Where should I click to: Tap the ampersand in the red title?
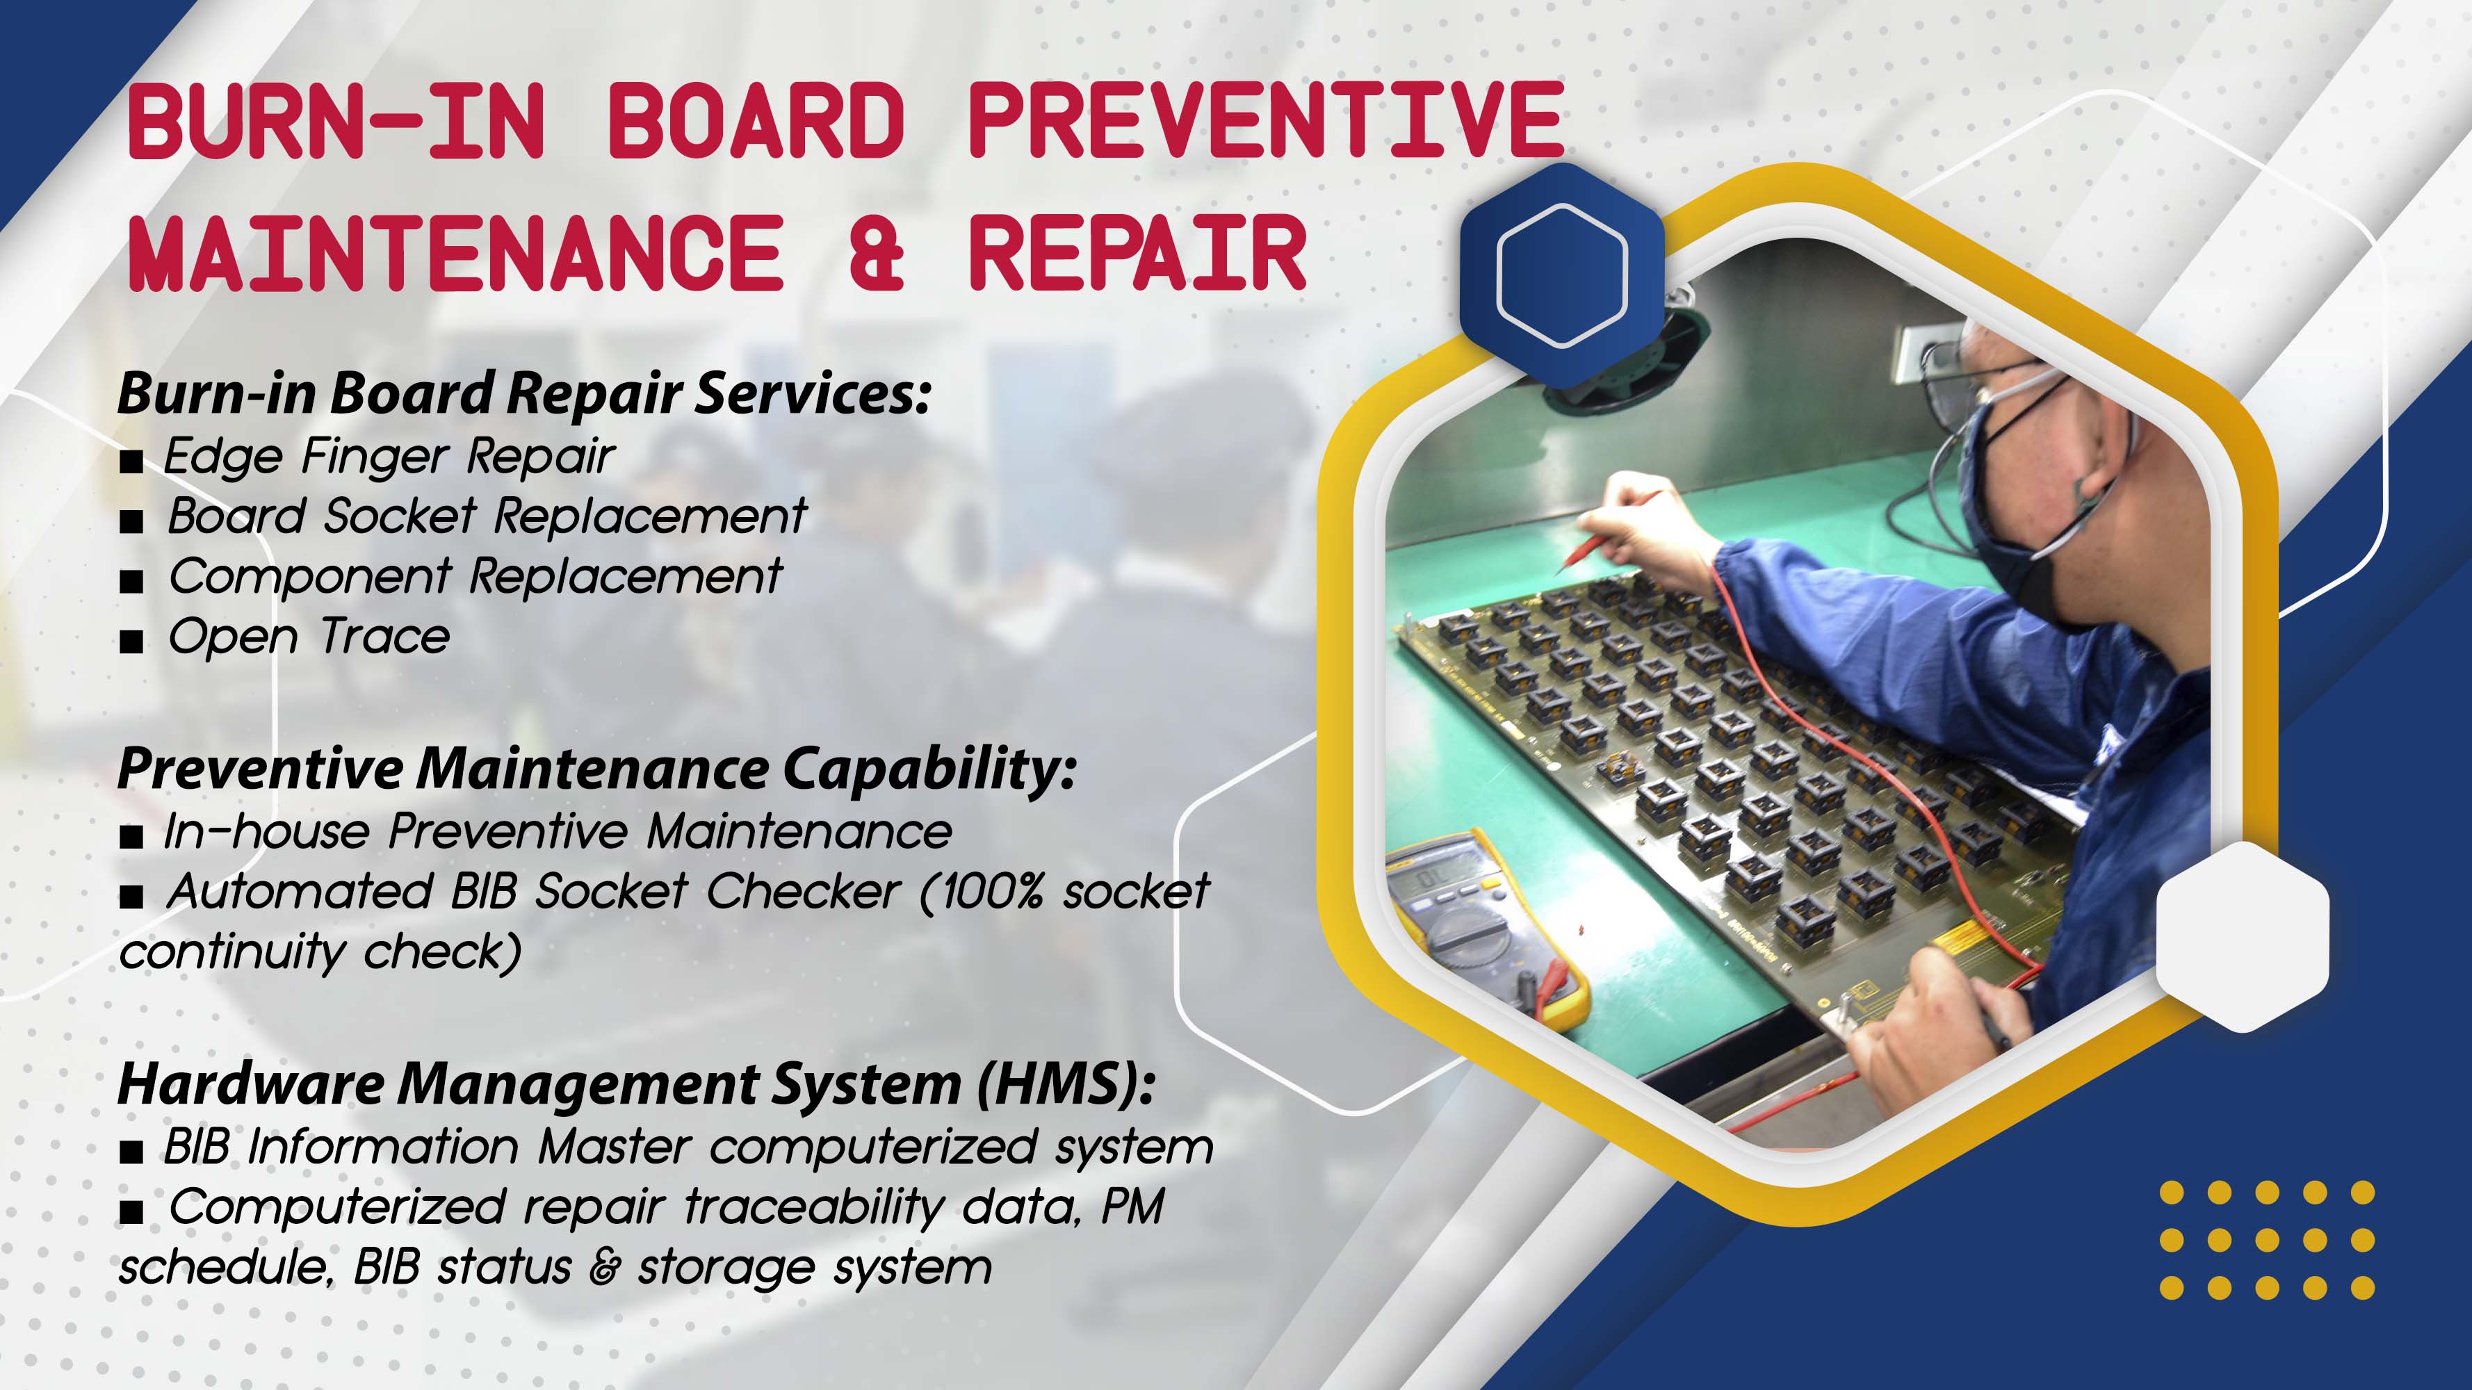876,252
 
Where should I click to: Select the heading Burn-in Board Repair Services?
524,393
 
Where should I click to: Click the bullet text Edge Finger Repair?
389,456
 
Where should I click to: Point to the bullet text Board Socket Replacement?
487,516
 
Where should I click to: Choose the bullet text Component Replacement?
475,577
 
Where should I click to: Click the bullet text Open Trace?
308,637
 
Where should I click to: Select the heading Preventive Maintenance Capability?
596,769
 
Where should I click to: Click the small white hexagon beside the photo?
2243,936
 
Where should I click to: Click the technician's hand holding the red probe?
1645,537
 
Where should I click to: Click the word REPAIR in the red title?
1137,252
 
